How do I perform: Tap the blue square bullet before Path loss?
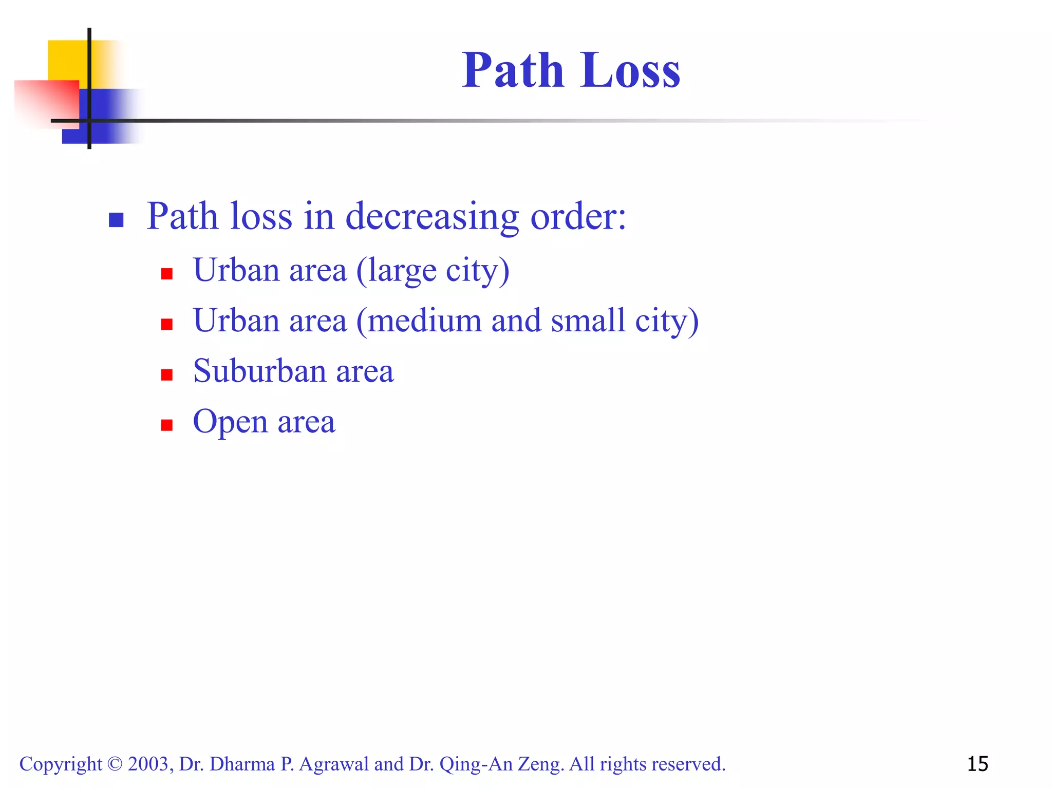pyautogui.click(x=116, y=220)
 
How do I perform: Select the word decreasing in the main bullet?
pyautogui.click(x=432, y=217)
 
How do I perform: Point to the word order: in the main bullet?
pyautogui.click(x=578, y=217)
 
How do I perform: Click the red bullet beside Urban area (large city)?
pyautogui.click(x=166, y=274)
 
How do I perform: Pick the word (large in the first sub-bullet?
pyautogui.click(x=396, y=271)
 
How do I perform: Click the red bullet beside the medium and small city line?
pyautogui.click(x=166, y=324)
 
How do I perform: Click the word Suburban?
pyautogui.click(x=260, y=371)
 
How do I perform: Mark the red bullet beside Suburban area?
pyautogui.click(x=166, y=374)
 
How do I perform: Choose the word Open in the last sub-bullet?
pyautogui.click(x=230, y=422)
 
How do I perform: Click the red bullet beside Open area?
pyautogui.click(x=166, y=425)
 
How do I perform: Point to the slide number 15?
pyautogui.click(x=978, y=764)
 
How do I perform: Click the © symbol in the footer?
pyautogui.click(x=115, y=764)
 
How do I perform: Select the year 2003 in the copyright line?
pyautogui.click(x=148, y=764)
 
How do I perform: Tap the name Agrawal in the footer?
pyautogui.click(x=333, y=764)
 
